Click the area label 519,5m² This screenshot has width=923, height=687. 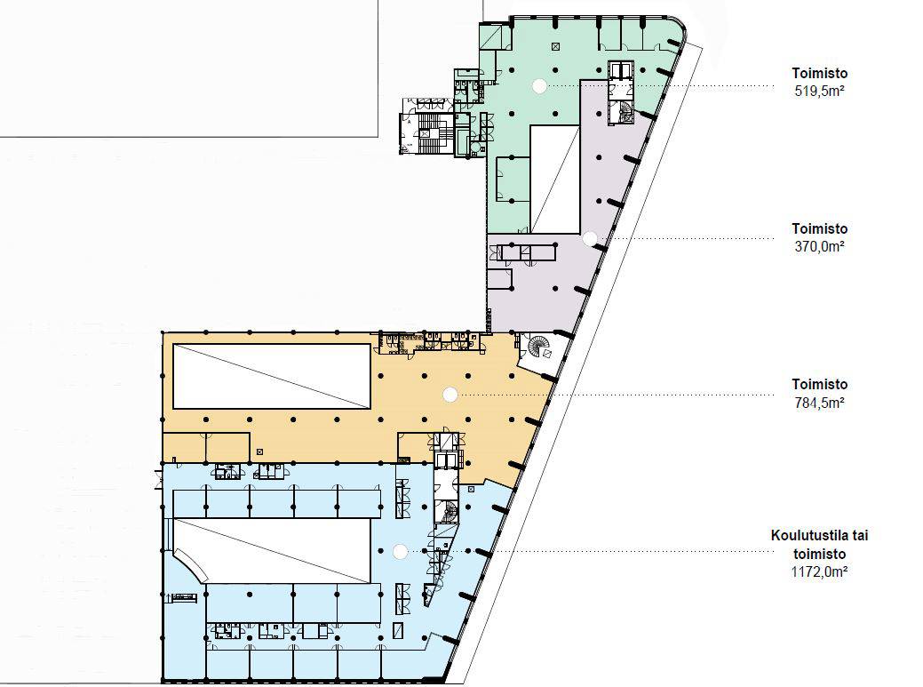point(819,92)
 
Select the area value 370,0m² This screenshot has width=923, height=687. point(819,247)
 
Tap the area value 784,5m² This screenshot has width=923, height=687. point(819,403)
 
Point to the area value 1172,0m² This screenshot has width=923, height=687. point(819,571)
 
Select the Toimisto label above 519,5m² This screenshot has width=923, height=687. point(819,74)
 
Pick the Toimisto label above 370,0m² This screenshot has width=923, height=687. point(819,229)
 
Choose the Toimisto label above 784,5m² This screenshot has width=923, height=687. point(819,385)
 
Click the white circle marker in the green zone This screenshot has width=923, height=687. point(539,86)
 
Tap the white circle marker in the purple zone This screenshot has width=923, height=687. point(590,238)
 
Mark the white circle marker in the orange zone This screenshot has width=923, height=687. point(450,395)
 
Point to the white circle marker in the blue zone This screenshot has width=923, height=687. point(401,552)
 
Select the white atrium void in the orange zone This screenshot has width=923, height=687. point(271,376)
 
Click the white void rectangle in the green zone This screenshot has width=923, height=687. point(555,179)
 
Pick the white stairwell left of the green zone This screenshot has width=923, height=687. point(427,133)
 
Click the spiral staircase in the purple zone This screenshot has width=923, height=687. point(624,111)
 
